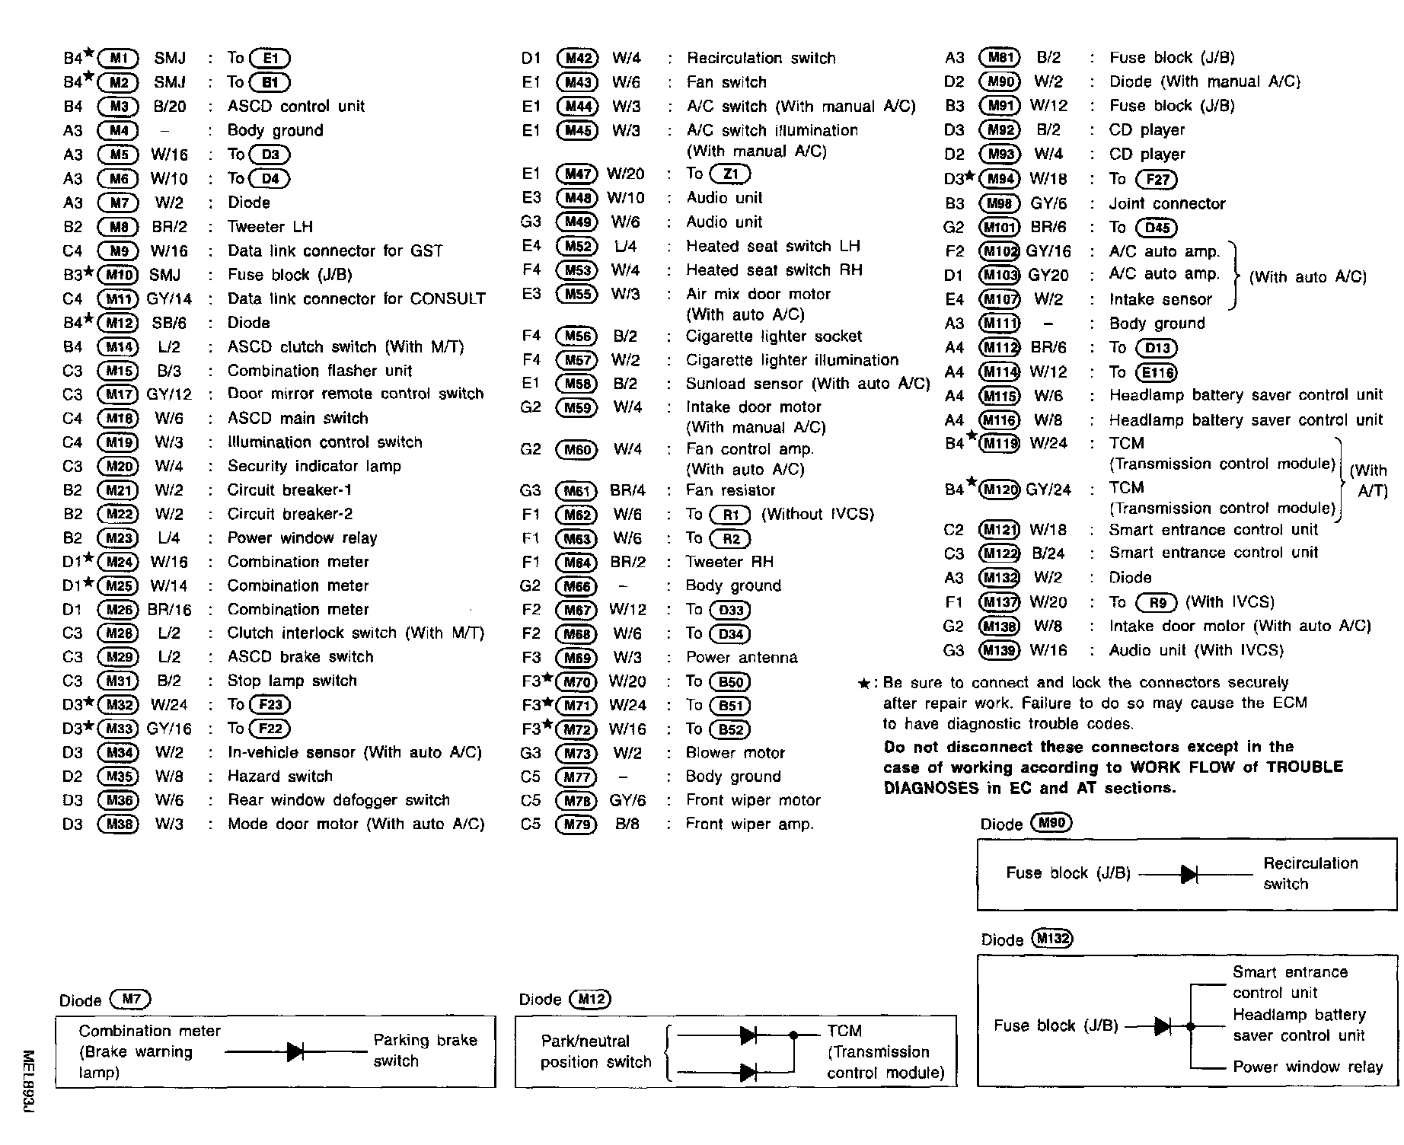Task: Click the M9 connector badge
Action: [118, 251]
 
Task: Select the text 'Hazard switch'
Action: [280, 777]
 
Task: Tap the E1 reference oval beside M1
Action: [270, 59]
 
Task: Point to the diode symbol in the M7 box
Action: [295, 1052]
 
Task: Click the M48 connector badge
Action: [577, 199]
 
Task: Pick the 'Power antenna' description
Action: [742, 658]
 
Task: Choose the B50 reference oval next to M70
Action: [729, 682]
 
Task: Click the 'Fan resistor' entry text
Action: [730, 491]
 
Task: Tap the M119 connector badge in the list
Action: [999, 444]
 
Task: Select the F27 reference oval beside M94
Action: [1156, 180]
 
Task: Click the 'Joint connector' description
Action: [1167, 204]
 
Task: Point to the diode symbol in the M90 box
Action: [1189, 875]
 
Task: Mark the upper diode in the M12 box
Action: [748, 1035]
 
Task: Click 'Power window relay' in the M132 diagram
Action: [1307, 1067]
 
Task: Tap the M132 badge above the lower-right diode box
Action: [1051, 939]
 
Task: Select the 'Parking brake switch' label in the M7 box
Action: [425, 1051]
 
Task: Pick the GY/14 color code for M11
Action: [169, 299]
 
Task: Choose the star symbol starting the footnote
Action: [863, 684]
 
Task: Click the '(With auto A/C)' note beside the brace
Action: [1307, 277]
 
